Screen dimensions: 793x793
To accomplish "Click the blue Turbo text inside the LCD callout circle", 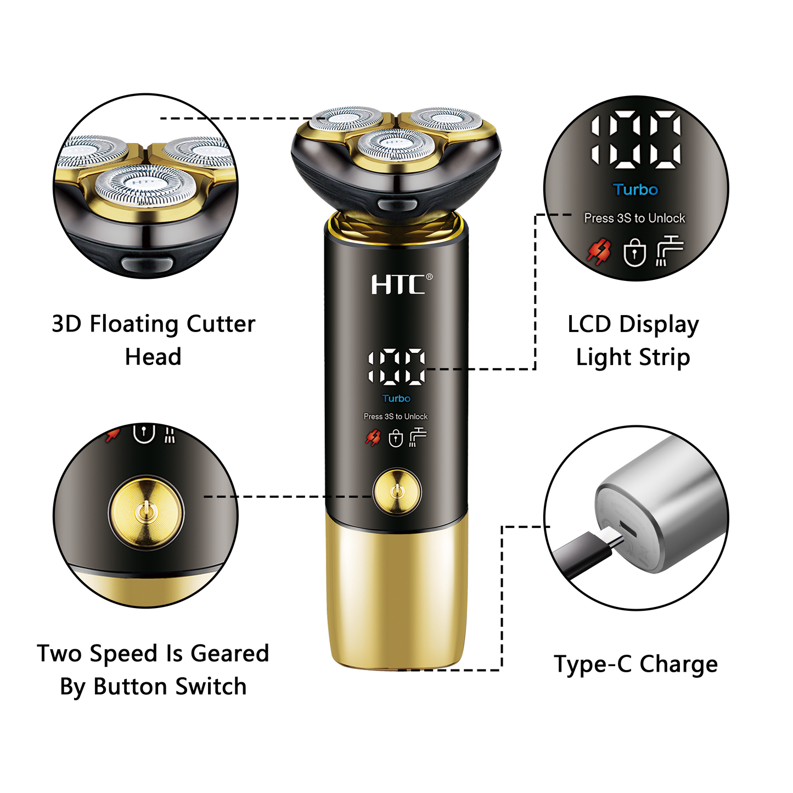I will tap(635, 189).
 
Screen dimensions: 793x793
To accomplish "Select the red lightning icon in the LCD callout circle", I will tap(599, 251).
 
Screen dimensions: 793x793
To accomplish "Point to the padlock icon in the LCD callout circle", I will tap(634, 252).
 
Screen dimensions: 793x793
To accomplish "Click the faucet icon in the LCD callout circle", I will tap(670, 250).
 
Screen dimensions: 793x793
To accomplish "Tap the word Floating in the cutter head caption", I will tap(134, 324).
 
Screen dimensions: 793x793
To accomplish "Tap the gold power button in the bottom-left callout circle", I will tap(145, 513).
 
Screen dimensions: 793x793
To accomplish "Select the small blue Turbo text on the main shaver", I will tap(396, 398).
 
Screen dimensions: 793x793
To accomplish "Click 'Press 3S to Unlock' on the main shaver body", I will tap(396, 417).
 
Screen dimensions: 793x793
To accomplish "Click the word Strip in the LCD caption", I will tap(664, 357).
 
